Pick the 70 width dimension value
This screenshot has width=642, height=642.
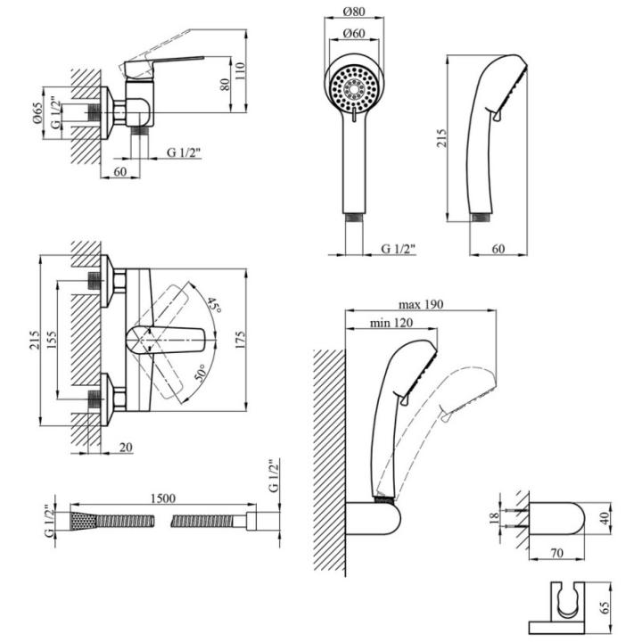coord(558,554)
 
